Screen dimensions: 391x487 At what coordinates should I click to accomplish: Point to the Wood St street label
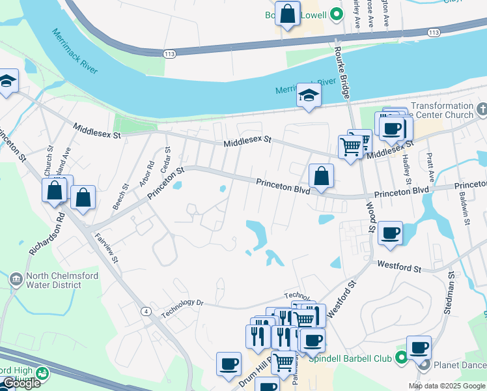(370, 216)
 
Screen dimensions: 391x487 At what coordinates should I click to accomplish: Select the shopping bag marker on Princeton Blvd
(321, 177)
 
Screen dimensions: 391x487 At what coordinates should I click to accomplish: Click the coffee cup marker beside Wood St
(390, 233)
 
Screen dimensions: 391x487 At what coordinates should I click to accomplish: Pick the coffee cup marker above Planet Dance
(419, 347)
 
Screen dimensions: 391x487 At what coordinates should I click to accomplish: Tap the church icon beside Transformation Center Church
(481, 109)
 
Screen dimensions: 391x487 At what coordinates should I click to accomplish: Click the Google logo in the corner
(21, 383)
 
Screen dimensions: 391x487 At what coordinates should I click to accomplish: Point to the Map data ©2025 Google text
(447, 386)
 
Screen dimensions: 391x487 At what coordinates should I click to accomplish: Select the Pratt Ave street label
(430, 168)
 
